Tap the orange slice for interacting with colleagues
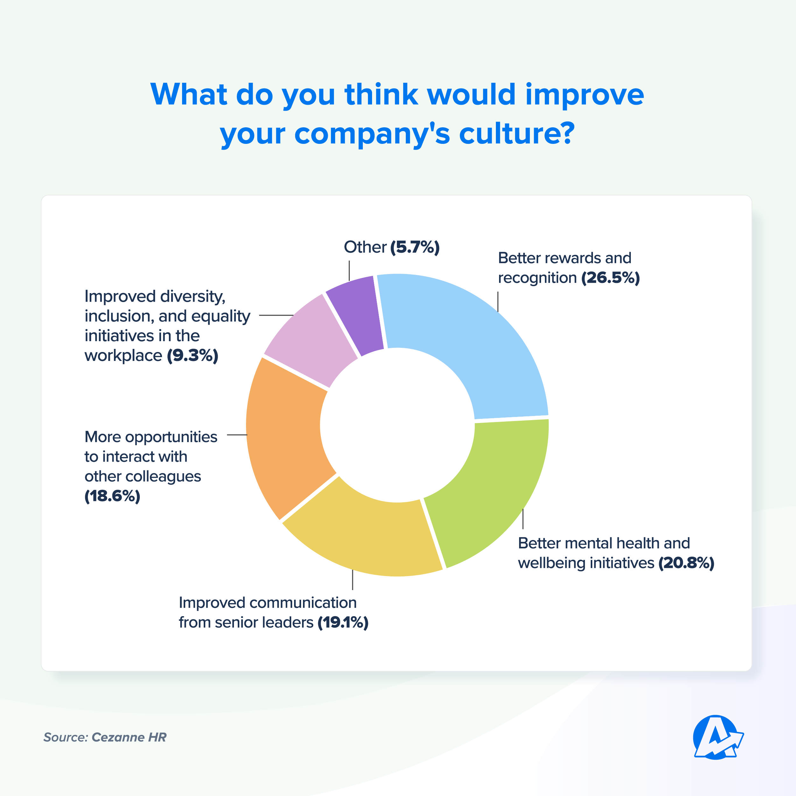pyautogui.click(x=284, y=437)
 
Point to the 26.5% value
pyautogui.click(x=610, y=278)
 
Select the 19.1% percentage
pyautogui.click(x=343, y=623)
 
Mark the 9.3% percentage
pyautogui.click(x=193, y=356)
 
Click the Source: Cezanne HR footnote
pyautogui.click(x=105, y=737)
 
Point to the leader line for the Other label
pyautogui.click(x=349, y=271)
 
